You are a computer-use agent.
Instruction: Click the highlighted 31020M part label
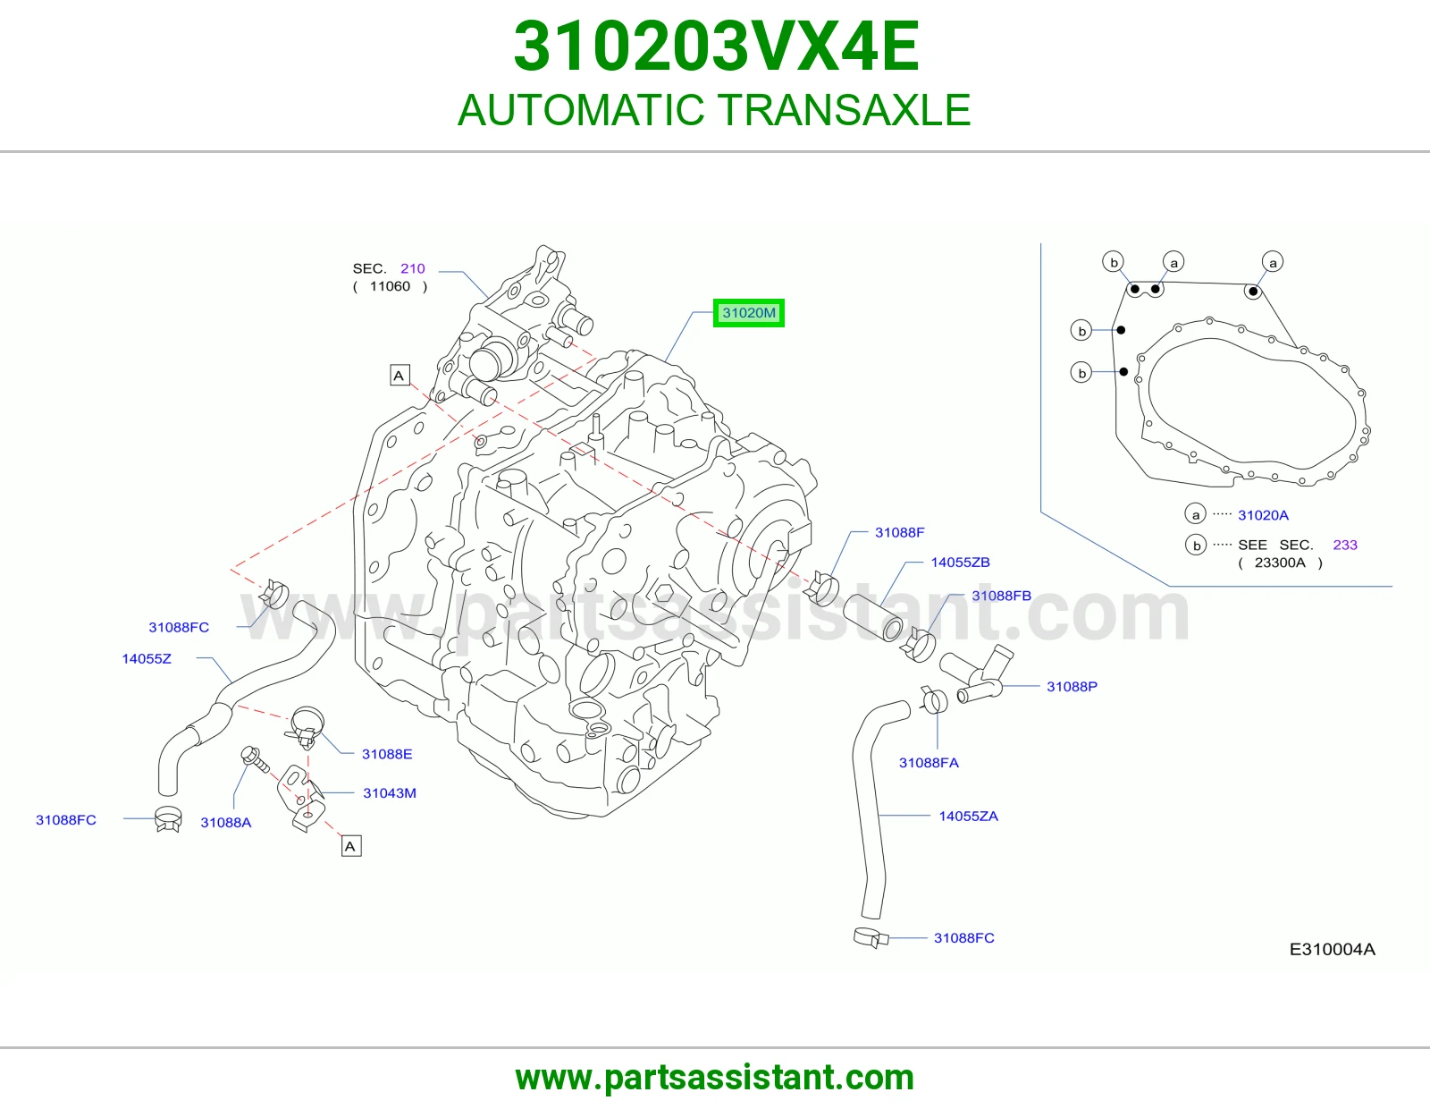748,313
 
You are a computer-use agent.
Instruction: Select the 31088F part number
899,532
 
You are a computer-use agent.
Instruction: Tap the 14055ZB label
960,563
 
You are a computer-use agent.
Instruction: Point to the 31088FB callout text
1001,596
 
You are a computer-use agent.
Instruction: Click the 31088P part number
1072,687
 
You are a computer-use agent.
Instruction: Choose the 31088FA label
929,763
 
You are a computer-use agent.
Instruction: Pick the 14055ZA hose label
968,817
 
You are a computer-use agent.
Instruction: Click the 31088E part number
387,755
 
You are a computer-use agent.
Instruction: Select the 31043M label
390,793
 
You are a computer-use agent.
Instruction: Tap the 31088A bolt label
226,823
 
